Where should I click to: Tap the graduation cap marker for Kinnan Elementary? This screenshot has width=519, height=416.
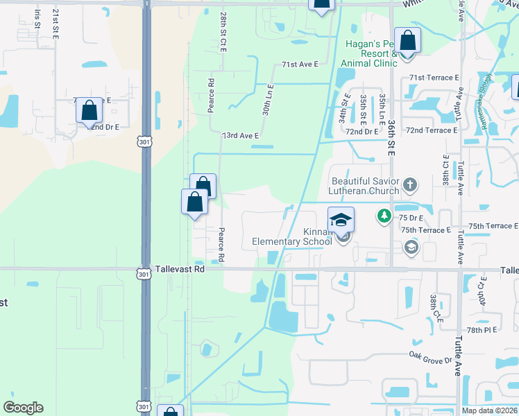(341, 220)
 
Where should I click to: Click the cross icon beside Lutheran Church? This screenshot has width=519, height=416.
(410, 185)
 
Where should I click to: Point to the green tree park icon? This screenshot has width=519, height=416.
(384, 216)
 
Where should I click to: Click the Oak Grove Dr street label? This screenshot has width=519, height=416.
(430, 358)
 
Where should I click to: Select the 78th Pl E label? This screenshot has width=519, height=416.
(484, 331)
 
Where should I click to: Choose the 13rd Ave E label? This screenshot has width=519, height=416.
(240, 137)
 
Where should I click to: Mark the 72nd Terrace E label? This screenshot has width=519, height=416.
(432, 130)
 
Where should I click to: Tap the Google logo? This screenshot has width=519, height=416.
(23, 408)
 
